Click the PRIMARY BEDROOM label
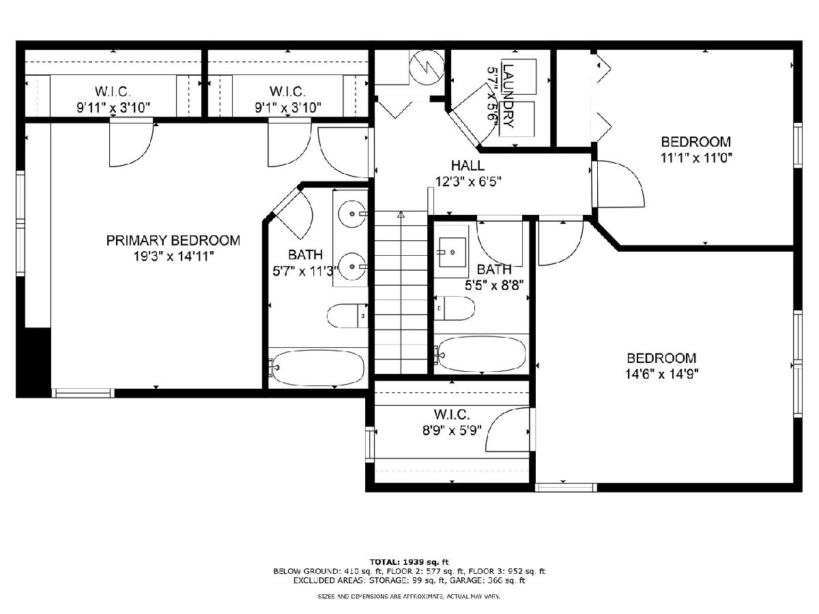tap(173, 240)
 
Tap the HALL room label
tap(468, 166)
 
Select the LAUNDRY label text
tap(508, 96)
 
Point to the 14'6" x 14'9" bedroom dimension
tap(661, 374)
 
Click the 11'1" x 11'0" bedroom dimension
tap(696, 158)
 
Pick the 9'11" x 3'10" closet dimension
tap(113, 108)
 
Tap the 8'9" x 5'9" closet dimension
tap(452, 430)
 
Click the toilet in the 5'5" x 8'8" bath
tap(454, 308)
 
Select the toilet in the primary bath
tap(347, 315)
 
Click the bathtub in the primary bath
tap(318, 368)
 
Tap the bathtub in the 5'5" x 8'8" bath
tap(481, 354)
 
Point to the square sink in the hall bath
tap(452, 252)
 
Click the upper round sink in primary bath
tap(352, 214)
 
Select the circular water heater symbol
tap(427, 68)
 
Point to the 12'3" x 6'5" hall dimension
tap(468, 181)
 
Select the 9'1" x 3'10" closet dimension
tap(288, 108)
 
